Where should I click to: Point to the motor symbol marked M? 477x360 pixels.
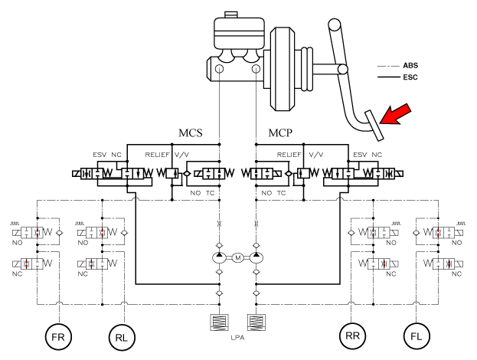point(237,257)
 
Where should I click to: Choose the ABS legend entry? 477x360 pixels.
point(410,66)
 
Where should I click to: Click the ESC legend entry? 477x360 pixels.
point(410,77)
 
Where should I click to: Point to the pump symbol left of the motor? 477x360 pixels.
point(219,257)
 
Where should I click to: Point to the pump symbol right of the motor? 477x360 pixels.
point(256,257)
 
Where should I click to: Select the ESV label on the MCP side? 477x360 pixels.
point(359,154)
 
